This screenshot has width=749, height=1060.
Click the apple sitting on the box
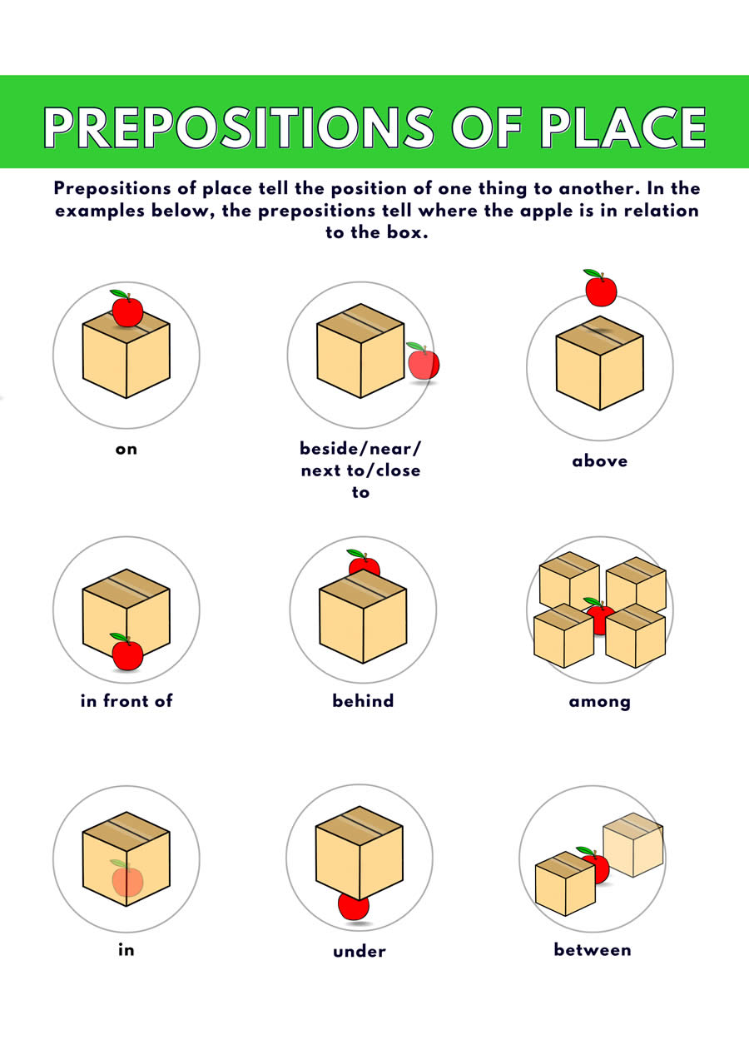(x=127, y=311)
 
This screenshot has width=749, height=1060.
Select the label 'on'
(x=126, y=450)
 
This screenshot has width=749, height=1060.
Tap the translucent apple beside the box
(x=424, y=362)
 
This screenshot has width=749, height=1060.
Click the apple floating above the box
(x=601, y=291)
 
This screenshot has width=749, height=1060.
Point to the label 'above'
(x=600, y=461)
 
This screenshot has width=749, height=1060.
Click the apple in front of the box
(x=126, y=654)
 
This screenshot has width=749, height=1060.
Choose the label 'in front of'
(x=126, y=701)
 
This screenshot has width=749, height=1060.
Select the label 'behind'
(x=363, y=701)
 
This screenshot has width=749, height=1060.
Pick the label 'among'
(x=600, y=702)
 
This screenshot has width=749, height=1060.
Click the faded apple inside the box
(x=127, y=880)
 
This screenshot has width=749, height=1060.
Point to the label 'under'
(x=360, y=951)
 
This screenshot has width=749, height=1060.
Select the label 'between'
(x=593, y=950)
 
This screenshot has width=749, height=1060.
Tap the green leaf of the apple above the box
(x=593, y=273)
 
